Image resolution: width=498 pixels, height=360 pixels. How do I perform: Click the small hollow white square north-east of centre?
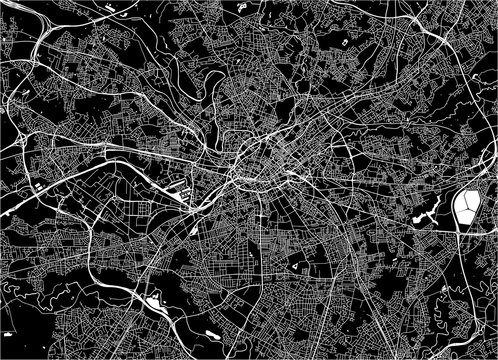[x=345, y=44]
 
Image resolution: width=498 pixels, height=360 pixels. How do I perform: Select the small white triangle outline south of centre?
[x=298, y=268]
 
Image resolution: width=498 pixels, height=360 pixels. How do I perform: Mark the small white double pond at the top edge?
[x=244, y=6]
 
